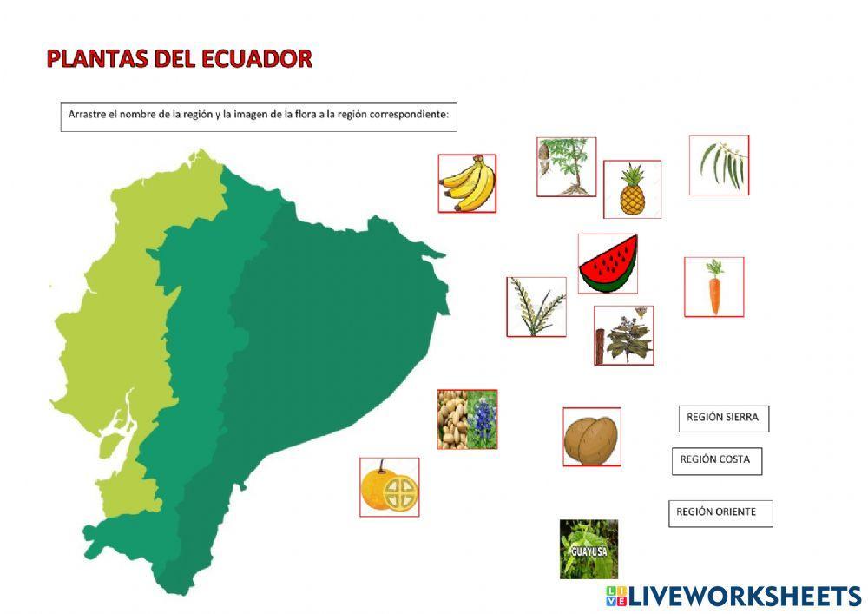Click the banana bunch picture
[467, 183]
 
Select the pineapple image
[632, 189]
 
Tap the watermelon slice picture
[608, 263]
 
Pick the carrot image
[713, 287]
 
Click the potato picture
[591, 437]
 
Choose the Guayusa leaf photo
[589, 549]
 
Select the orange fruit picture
[390, 487]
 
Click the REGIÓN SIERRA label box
[723, 418]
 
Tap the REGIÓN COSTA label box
[716, 460]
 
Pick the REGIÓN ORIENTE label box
[720, 512]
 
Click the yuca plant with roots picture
[566, 166]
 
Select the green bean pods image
[719, 164]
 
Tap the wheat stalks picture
[536, 307]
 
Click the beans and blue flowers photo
[467, 419]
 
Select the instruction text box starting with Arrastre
[259, 116]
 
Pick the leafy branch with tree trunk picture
[623, 334]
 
